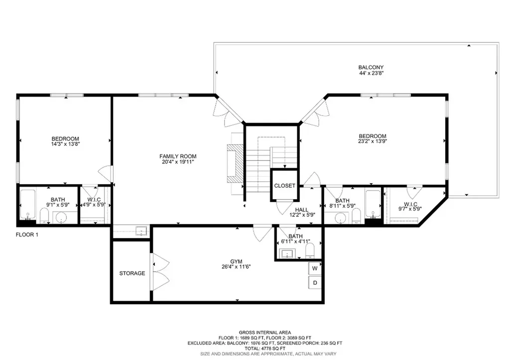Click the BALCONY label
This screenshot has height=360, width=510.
coord(371,67)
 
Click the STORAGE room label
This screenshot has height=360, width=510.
coord(132,273)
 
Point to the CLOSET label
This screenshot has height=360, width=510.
coord(284,186)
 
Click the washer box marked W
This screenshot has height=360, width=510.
coord(315,268)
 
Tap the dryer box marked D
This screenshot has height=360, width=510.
coord(315,283)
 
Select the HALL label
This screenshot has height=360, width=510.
coord(302,210)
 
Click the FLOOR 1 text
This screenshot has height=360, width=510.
coord(27,235)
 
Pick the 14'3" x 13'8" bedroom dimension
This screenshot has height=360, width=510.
coord(65,144)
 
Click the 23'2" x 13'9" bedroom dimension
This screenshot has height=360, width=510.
coord(373,141)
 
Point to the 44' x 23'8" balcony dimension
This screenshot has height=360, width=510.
coord(371,73)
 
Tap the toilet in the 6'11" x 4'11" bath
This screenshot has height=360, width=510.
coord(309,250)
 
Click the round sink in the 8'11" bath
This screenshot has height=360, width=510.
coord(341,218)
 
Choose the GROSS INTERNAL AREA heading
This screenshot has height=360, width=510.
coord(264,333)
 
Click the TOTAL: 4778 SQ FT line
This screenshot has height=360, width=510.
coord(264,348)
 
